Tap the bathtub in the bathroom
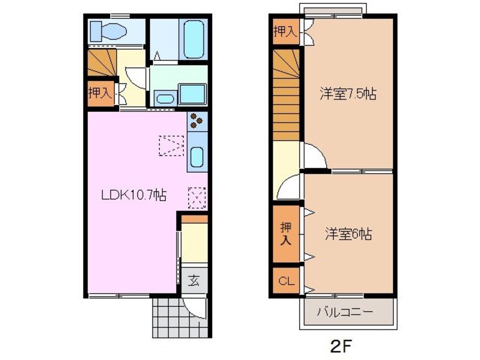click(x=193, y=39)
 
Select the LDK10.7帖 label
click(x=133, y=195)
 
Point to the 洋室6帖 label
click(x=348, y=234)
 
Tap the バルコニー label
click(x=346, y=312)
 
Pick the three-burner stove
click(x=197, y=120)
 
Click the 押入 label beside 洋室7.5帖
click(x=285, y=32)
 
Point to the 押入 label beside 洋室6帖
click(x=286, y=234)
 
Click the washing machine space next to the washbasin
click(x=193, y=94)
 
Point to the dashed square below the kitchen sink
click(x=197, y=198)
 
